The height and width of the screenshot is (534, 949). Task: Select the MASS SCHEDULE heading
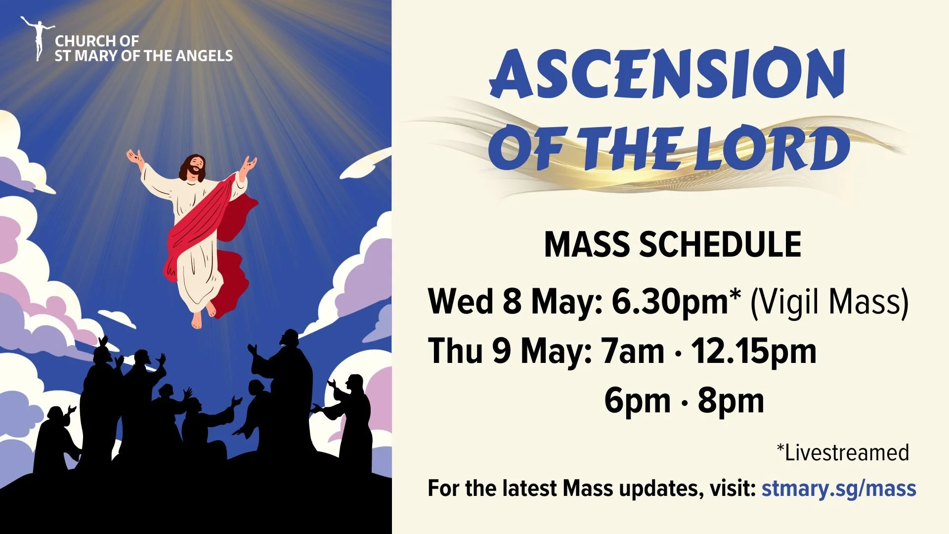tap(672, 244)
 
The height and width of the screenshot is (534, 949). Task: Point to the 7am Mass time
tap(632, 351)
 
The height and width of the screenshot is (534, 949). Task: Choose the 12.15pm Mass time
tap(753, 351)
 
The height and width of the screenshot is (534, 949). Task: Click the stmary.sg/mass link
tap(838, 489)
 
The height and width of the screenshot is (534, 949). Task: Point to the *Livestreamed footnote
tap(843, 452)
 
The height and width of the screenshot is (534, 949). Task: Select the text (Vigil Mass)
tap(829, 302)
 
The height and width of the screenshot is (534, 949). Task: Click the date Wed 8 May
tap(514, 302)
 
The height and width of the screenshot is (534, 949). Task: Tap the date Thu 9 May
tap(509, 351)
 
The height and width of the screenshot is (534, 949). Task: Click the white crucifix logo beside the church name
tap(37, 38)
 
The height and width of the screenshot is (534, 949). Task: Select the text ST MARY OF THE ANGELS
tap(143, 56)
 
